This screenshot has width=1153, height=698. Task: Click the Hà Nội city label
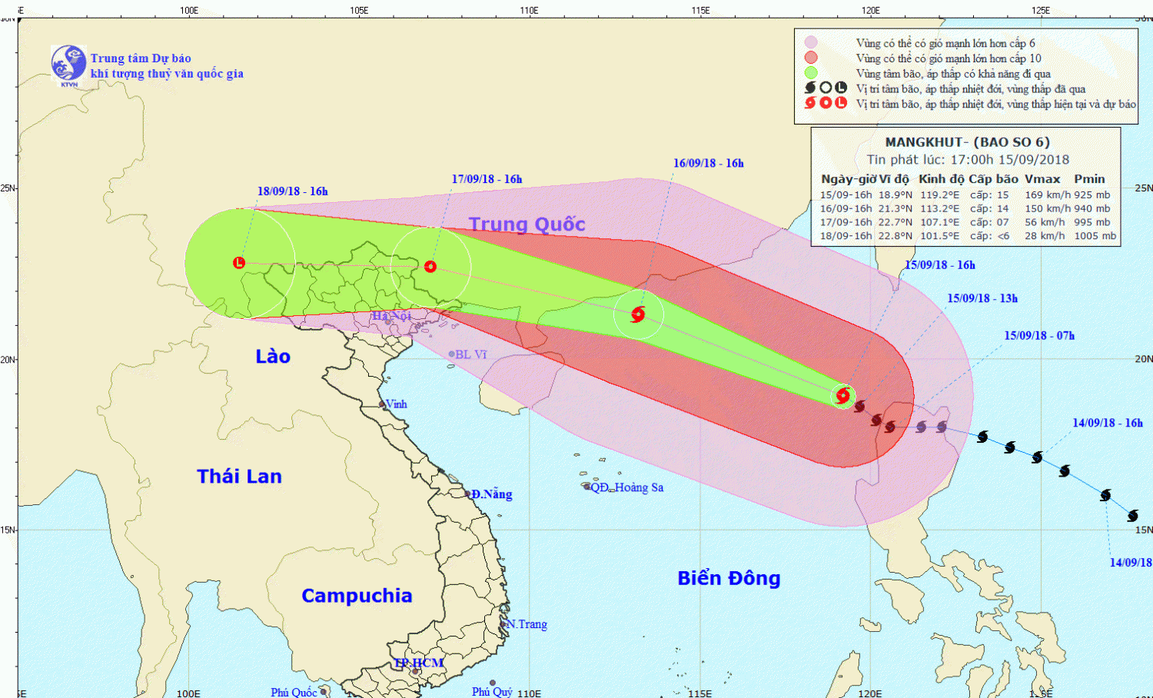coord(391,316)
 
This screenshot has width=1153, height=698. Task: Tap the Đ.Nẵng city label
coord(491,494)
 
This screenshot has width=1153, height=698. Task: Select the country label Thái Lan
coord(239,477)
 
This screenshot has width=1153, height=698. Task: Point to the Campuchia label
coord(357,596)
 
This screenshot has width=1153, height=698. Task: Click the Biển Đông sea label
coord(729,578)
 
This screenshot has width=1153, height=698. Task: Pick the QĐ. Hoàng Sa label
coord(626,487)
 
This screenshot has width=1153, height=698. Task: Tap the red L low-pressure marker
coord(239,263)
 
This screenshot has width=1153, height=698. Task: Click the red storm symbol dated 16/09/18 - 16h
coord(637,314)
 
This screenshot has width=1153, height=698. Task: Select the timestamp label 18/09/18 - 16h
coord(292,191)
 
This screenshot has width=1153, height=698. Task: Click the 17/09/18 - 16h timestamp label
coord(487,179)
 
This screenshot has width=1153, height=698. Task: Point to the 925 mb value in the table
coord(1092,195)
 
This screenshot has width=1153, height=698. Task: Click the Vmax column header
coord(1042,179)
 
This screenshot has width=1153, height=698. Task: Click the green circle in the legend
coord(811,73)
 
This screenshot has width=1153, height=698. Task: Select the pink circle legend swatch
coord(811,43)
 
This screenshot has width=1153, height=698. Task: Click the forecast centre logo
coord(68,64)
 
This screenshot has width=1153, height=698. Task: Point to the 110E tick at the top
coord(529,10)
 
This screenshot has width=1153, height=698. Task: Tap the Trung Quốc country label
coord(527,224)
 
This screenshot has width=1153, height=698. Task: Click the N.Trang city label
coord(527,624)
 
